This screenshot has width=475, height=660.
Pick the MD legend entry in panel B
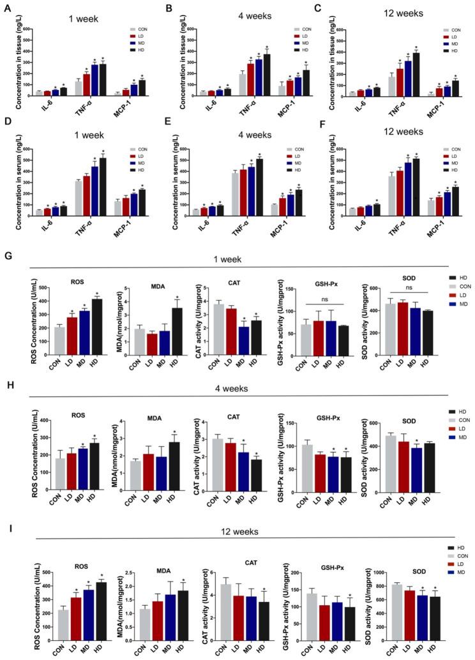click(298, 49)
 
